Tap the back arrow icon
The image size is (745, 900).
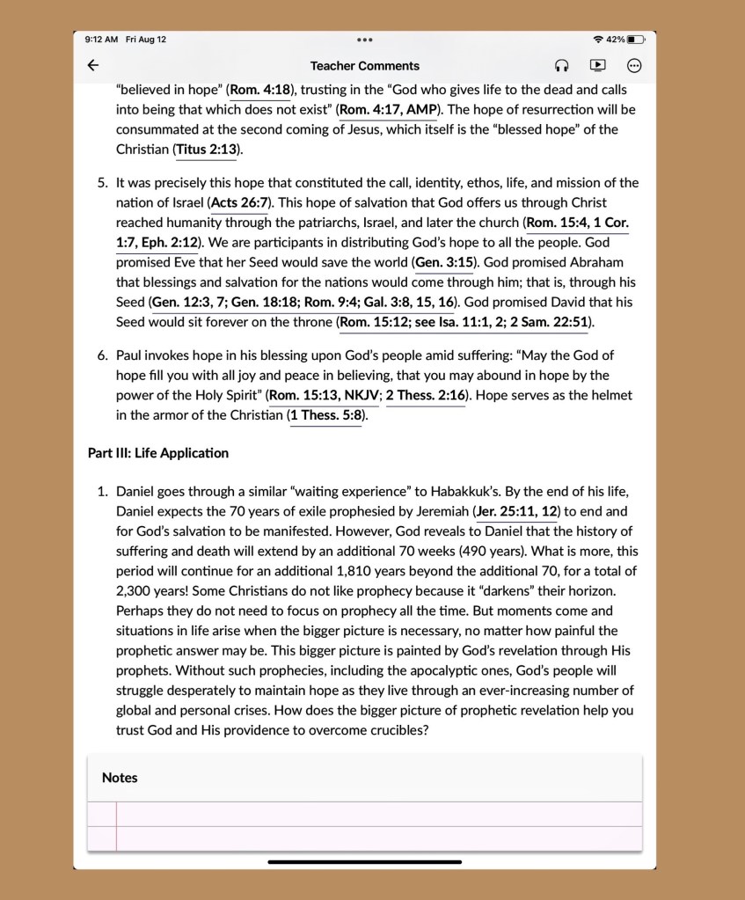point(93,65)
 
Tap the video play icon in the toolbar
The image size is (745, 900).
point(597,65)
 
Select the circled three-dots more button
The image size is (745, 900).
point(634,65)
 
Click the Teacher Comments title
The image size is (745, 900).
point(365,66)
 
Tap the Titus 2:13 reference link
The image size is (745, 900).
point(207,150)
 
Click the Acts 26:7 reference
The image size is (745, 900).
point(239,203)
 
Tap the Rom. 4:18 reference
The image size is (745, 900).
point(260,90)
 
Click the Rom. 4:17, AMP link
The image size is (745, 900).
point(389,110)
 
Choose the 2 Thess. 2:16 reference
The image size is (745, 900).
point(426,396)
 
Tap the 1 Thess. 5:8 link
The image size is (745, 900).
point(326,415)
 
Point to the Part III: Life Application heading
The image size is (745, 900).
point(158,453)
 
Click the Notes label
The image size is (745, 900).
point(120,778)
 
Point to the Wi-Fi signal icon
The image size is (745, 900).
point(598,40)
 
